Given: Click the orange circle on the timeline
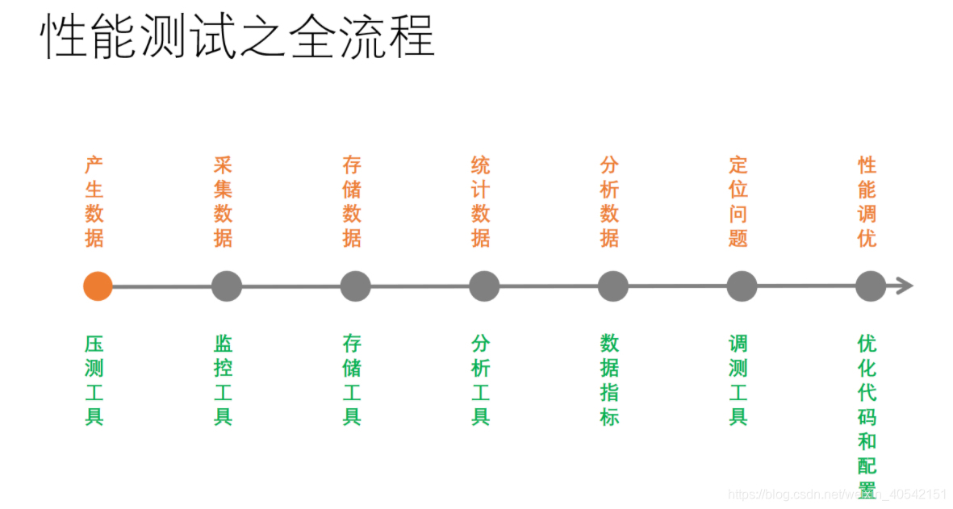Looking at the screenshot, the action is pos(98,286).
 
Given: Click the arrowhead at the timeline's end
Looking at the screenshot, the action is pos(905,286).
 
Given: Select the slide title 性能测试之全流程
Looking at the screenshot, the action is pos(238,36).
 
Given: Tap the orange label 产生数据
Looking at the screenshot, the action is pos(94,202).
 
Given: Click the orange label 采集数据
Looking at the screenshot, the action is pos(224,202).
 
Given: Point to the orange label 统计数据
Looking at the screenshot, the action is pos(481,202).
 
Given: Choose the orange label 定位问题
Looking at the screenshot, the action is pos(738,202).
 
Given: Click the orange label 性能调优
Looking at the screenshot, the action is pos(867,202).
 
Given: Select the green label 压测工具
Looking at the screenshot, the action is pos(94,380).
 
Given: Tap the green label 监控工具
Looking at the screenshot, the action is pos(224,380).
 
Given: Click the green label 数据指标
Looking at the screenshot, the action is pos(610,380).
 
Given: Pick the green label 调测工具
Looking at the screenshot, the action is pos(738,380).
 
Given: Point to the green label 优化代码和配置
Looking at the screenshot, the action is pos(867,415).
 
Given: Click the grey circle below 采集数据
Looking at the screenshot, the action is pos(227,286).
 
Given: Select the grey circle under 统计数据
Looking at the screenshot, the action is pos(484,286).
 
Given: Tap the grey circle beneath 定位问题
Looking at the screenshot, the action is pos(742,286).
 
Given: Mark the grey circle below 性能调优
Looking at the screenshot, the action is pos(870,286).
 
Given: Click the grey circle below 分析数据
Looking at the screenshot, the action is pos(613,286).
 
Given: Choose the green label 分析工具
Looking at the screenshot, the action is pos(481,380).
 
